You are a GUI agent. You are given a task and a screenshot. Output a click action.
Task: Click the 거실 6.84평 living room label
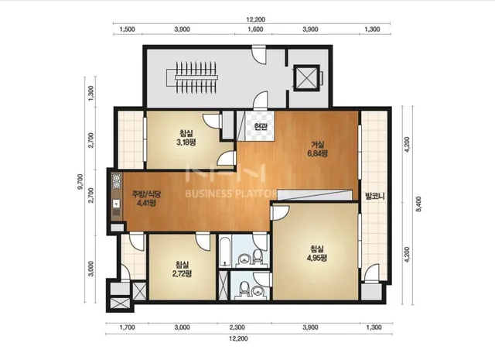318,149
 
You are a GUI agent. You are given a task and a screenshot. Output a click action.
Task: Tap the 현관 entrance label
261,127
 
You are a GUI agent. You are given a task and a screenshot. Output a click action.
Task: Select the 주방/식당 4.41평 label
146,198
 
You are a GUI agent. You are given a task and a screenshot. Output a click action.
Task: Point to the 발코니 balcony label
374,196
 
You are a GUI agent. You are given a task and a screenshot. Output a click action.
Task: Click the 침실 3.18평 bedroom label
186,138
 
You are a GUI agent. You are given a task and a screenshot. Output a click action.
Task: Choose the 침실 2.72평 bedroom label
183,269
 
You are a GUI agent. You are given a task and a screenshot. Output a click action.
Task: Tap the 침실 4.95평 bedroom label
316,253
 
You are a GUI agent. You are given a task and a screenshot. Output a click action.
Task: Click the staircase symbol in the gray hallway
196,77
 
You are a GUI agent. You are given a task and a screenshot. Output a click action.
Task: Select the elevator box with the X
306,78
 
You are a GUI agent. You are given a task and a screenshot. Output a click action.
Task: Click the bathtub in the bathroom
224,252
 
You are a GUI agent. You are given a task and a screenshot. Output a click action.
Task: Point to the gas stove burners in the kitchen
117,181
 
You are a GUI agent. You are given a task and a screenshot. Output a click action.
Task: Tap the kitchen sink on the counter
116,204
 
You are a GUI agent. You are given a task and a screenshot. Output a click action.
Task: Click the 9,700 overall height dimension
80,181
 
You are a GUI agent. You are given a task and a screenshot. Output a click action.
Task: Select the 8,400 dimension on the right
419,204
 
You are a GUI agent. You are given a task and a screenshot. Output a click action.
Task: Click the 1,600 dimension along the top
256,29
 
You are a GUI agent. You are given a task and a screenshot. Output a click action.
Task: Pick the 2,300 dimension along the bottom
237,327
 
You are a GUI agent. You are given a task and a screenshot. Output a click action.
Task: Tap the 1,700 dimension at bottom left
127,327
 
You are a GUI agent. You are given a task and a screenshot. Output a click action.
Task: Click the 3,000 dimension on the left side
91,269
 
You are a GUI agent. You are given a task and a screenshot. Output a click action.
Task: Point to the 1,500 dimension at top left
127,29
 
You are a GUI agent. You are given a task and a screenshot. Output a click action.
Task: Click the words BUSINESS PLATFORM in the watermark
236,194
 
